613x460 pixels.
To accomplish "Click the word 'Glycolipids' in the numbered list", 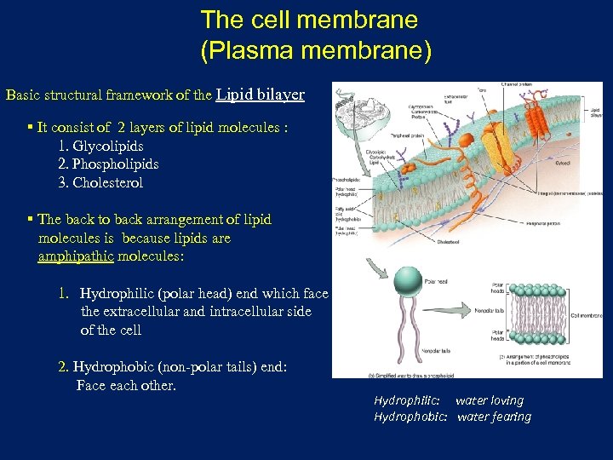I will pos(108,146).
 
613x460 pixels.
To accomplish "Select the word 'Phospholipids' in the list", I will pos(117,164).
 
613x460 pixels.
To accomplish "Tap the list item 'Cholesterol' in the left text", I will pos(108,182).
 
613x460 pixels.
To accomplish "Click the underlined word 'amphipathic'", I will pos(76,256).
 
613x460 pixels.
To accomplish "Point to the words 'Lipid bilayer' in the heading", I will pos(261,95).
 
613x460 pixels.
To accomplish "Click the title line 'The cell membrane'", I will pos(309,20).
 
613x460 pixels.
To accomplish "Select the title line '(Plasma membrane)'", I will pos(316,50).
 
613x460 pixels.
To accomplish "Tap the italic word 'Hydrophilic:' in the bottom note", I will pos(407,400).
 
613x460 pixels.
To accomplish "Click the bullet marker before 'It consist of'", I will pos(30,127).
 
